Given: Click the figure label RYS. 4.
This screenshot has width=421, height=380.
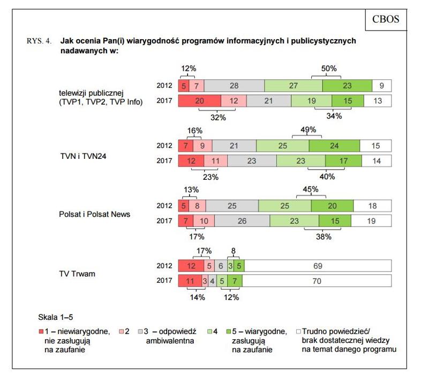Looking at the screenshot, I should click(40, 41).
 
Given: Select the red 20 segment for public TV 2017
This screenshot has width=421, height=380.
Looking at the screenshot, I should click(199, 100).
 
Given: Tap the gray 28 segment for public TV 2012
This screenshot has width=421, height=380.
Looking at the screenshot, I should click(234, 85).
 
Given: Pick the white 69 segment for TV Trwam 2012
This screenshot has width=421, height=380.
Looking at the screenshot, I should click(319, 265).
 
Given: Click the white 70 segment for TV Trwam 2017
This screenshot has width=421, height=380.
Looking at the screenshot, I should click(319, 280).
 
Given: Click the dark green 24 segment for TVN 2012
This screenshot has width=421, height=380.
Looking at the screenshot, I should click(334, 145).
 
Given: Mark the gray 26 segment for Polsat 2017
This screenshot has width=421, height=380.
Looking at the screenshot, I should click(242, 221).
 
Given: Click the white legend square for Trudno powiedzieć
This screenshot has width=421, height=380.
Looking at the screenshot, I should click(298, 332).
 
